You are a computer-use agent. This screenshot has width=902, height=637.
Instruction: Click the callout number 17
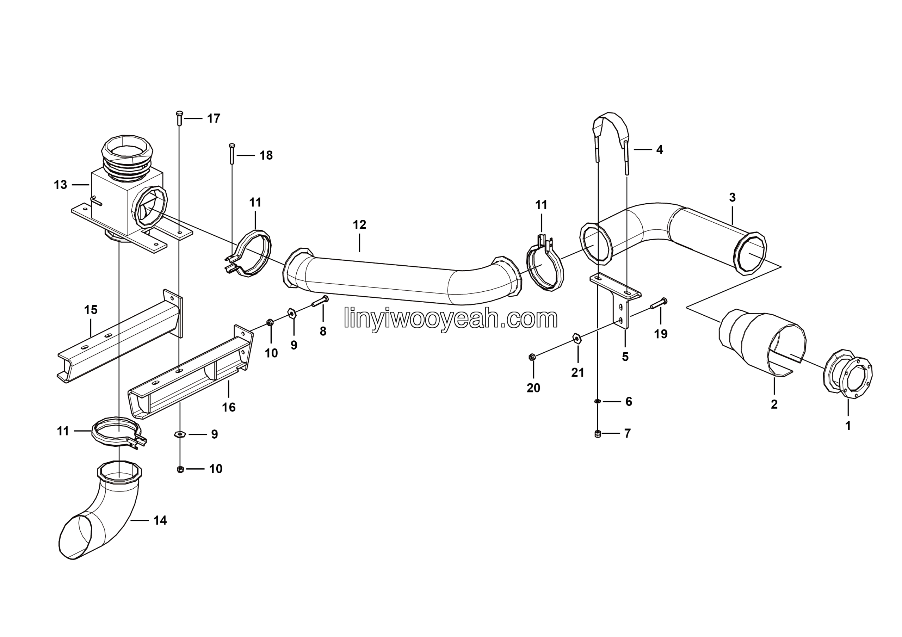tap(214, 118)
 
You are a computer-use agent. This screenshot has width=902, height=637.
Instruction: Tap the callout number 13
tap(61, 185)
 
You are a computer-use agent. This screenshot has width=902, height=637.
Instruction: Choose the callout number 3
tap(732, 198)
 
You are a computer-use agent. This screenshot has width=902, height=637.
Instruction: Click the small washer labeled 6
tap(597, 401)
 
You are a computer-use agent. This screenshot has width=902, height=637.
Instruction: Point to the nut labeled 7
tap(598, 434)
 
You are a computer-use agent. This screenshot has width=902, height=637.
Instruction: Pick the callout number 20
tap(533, 388)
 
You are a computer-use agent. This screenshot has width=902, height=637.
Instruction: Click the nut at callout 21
tap(576, 338)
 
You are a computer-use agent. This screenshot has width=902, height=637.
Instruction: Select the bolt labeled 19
tap(659, 303)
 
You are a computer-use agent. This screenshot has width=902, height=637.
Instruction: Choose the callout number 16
tap(229, 407)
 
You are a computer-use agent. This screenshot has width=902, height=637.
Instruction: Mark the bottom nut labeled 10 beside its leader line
tap(180, 469)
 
